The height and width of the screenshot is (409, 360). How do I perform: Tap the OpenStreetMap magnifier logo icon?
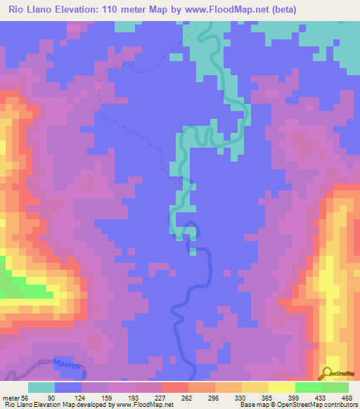(328, 372)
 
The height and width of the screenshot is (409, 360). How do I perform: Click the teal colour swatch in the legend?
(41, 387)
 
